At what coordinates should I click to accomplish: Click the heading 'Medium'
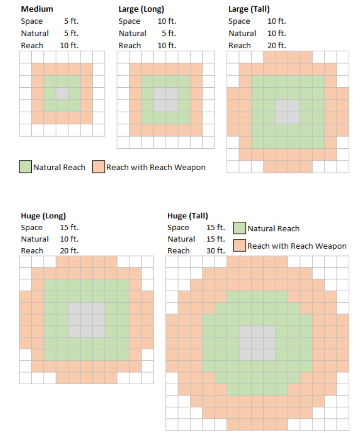(x=37, y=9)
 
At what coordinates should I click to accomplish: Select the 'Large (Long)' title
(x=141, y=9)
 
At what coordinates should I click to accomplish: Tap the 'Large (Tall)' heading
(x=249, y=9)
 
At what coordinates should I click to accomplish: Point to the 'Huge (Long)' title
(x=43, y=216)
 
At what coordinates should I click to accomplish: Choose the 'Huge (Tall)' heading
(x=187, y=216)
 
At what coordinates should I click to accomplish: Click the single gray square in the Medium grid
(x=62, y=94)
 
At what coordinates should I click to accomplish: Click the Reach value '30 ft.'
(x=216, y=251)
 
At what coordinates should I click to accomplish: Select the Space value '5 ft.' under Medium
(x=71, y=21)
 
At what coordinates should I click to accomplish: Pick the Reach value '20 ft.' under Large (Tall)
(x=277, y=45)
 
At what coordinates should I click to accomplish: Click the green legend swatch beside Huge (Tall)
(x=239, y=228)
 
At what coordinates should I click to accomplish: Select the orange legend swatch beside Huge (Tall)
(x=239, y=245)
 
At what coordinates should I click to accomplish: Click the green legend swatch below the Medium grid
(x=25, y=167)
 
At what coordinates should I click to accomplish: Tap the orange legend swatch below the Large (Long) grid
(x=99, y=167)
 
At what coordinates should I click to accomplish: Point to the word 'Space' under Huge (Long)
(x=32, y=228)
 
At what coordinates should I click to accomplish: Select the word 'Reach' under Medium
(x=32, y=45)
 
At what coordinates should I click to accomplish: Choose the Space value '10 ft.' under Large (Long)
(x=167, y=21)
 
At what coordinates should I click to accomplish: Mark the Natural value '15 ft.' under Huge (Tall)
(x=216, y=239)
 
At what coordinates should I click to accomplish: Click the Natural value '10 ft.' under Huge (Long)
(x=69, y=239)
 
